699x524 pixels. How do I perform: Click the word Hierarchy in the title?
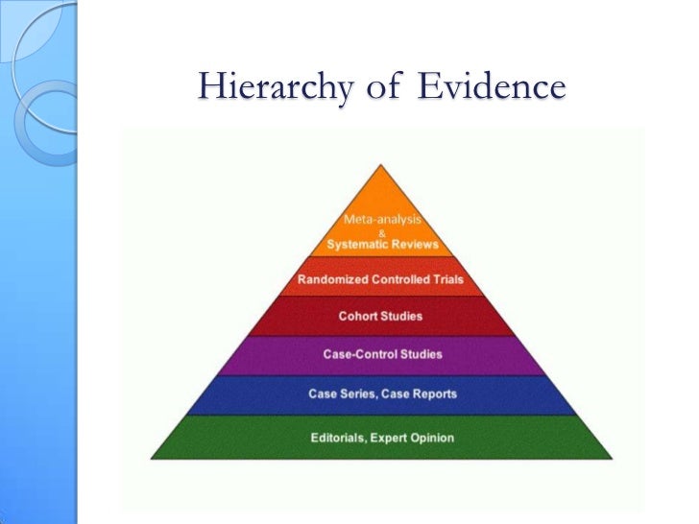pyautogui.click(x=254, y=88)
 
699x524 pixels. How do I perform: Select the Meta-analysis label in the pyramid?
pyautogui.click(x=382, y=219)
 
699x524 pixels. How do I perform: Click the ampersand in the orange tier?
pyautogui.click(x=382, y=231)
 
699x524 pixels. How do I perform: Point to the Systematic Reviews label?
pyautogui.click(x=382, y=244)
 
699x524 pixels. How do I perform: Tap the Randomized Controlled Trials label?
pyautogui.click(x=381, y=280)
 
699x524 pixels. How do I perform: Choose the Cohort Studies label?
pyautogui.click(x=381, y=316)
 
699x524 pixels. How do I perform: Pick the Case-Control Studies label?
pyautogui.click(x=382, y=354)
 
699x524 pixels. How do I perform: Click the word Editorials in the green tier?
pyautogui.click(x=342, y=439)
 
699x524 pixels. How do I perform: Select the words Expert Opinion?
pyautogui.click(x=416, y=439)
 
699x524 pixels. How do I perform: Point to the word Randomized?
pyautogui.click(x=328, y=280)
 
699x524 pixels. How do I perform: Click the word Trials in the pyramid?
pyautogui.click(x=447, y=280)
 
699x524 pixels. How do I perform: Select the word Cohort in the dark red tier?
pyautogui.click(x=358, y=316)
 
